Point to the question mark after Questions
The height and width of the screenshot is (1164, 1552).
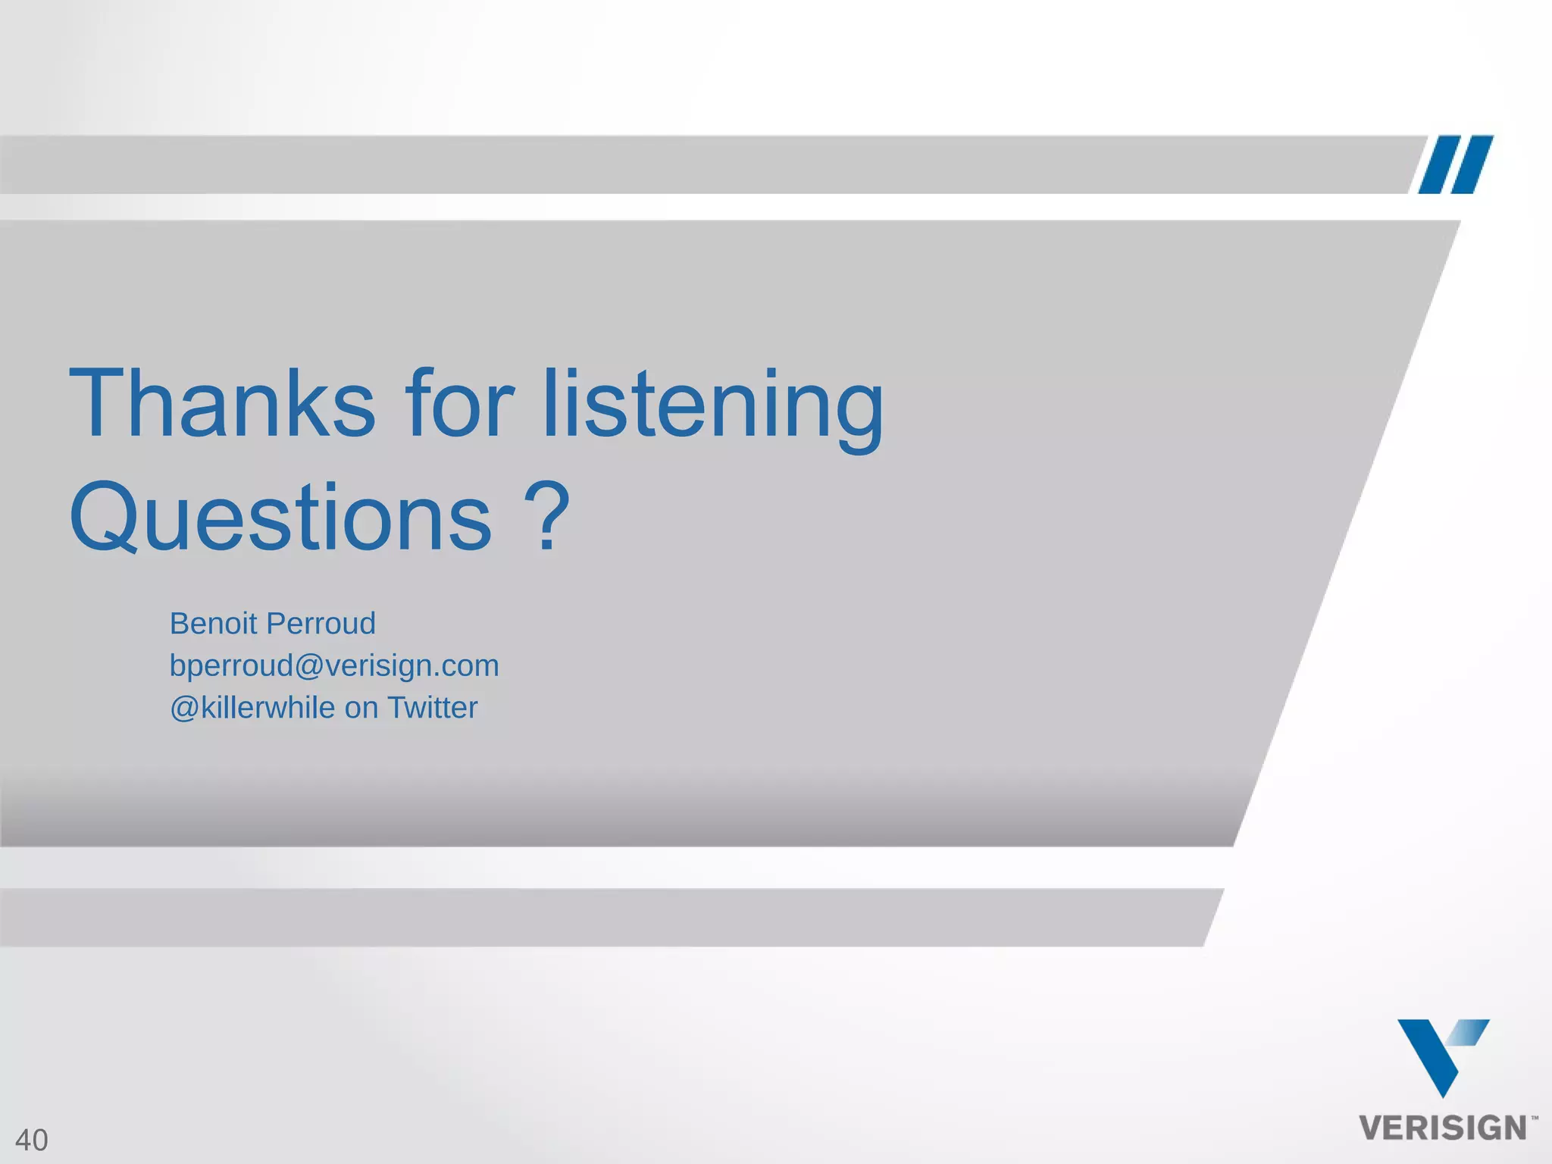tap(546, 516)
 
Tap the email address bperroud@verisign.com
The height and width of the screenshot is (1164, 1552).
tap(334, 666)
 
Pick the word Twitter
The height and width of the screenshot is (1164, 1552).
tap(432, 708)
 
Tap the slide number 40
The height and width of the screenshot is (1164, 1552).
tap(32, 1140)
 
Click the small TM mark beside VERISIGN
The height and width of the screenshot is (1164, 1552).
tap(1535, 1117)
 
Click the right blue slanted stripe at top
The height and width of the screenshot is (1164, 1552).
tap(1472, 164)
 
